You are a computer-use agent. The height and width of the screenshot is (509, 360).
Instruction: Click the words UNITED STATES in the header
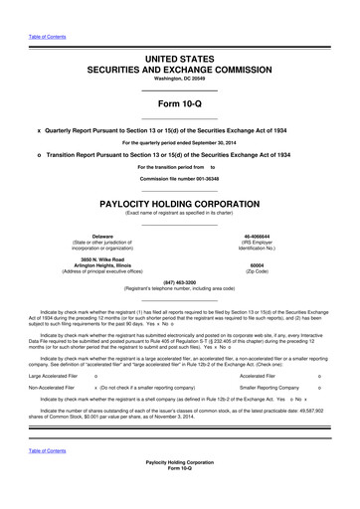pyautogui.click(x=179, y=62)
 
